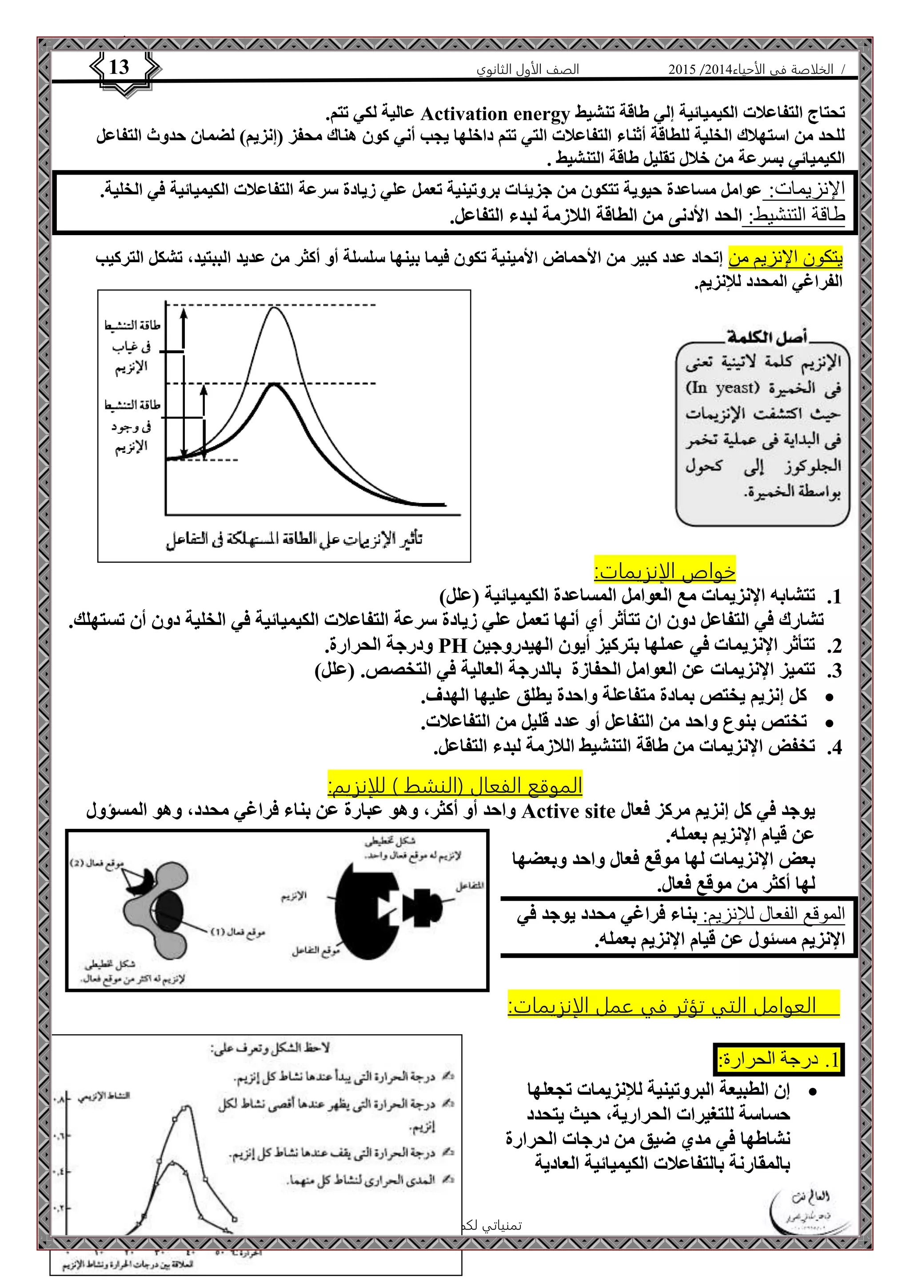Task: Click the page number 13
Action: [x=119, y=67]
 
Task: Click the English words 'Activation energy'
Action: [x=495, y=114]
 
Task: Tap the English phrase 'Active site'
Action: [x=567, y=811]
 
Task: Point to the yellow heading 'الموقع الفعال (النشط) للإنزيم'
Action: [x=455, y=785]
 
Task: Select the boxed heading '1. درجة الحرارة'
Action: [x=779, y=1059]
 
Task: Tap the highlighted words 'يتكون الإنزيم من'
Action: [x=785, y=258]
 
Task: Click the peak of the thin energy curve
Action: [x=274, y=307]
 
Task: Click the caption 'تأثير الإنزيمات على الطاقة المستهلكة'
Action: [x=294, y=539]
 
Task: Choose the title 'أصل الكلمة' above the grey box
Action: [x=766, y=337]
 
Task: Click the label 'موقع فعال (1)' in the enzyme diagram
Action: [x=238, y=932]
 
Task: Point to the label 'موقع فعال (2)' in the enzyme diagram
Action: [x=97, y=864]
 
